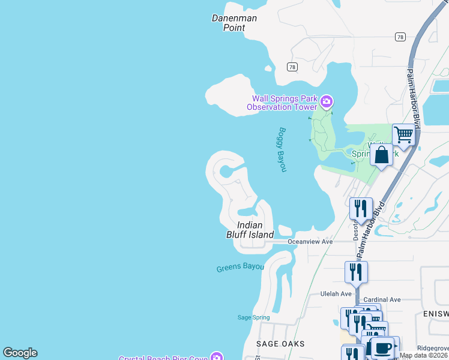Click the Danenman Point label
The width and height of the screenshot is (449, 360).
pyautogui.click(x=234, y=23)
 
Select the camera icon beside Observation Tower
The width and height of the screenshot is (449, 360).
pyautogui.click(x=327, y=101)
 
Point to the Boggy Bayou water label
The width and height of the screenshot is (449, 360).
pyautogui.click(x=282, y=149)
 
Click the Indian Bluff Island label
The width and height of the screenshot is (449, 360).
pyautogui.click(x=250, y=229)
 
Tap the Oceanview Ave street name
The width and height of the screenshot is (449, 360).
pyautogui.click(x=310, y=241)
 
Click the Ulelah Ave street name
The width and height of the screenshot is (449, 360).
pyautogui.click(x=337, y=294)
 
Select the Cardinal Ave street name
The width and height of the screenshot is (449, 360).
pyautogui.click(x=382, y=299)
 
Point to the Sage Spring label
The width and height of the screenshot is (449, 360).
pyautogui.click(x=253, y=317)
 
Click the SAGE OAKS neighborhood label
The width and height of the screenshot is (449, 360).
pyautogui.click(x=280, y=344)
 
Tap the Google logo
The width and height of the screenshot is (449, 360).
pyautogui.click(x=20, y=353)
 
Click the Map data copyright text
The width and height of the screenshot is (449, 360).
pyautogui.click(x=424, y=355)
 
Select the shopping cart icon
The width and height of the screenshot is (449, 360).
pyautogui.click(x=404, y=134)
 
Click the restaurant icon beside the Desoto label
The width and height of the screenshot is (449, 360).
pyautogui.click(x=361, y=208)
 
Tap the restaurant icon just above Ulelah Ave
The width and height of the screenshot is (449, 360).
pyautogui.click(x=356, y=272)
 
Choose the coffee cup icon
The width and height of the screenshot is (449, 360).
pyautogui.click(x=382, y=347)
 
